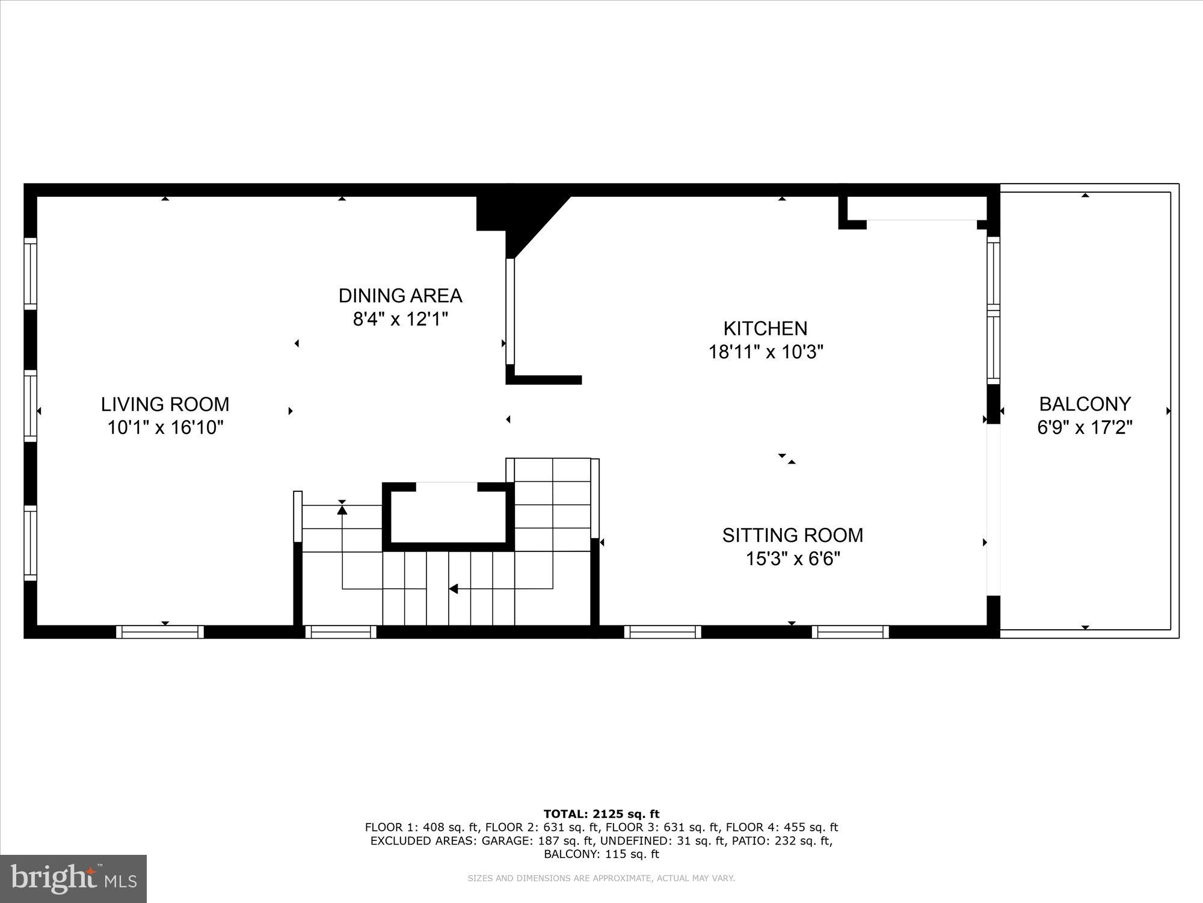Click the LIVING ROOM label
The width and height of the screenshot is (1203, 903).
pyautogui.click(x=165, y=404)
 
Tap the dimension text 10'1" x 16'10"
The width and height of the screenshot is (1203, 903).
pyautogui.click(x=165, y=427)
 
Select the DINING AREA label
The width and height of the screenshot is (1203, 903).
pyautogui.click(x=400, y=296)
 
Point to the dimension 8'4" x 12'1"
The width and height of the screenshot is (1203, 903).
pyautogui.click(x=400, y=319)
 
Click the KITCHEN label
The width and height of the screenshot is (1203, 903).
pyautogui.click(x=765, y=329)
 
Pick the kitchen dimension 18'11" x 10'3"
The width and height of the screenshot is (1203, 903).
pyautogui.click(x=765, y=352)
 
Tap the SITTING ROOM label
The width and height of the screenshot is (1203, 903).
pyautogui.click(x=792, y=535)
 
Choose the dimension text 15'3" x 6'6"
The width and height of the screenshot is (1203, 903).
pyautogui.click(x=792, y=559)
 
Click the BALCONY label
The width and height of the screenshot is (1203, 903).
pyautogui.click(x=1085, y=404)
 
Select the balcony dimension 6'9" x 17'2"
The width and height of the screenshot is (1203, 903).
pyautogui.click(x=1085, y=427)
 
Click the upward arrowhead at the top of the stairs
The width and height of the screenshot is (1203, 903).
pyautogui.click(x=342, y=510)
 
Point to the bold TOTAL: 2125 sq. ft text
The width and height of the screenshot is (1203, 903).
pyautogui.click(x=601, y=814)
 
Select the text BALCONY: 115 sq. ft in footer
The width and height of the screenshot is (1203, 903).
pyautogui.click(x=601, y=854)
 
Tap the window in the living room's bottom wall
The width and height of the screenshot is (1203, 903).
pyautogui.click(x=160, y=631)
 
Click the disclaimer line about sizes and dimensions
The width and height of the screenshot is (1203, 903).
pyautogui.click(x=601, y=878)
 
